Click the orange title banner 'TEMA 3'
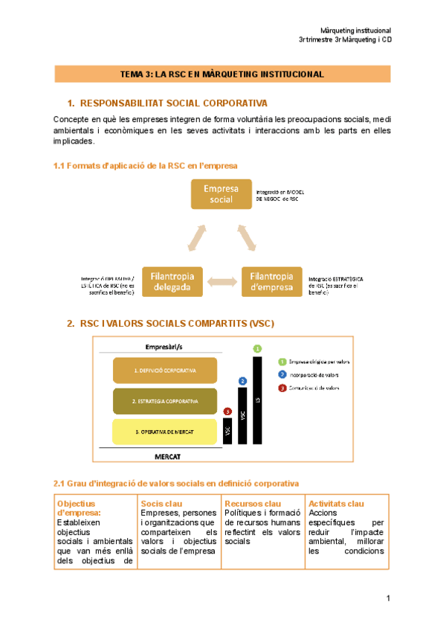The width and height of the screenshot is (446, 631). (x=223, y=74)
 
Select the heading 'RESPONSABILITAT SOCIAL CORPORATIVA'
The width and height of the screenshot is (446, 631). (x=173, y=103)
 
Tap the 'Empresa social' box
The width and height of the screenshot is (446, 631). (x=221, y=193)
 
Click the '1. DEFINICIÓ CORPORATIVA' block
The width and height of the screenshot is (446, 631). (x=165, y=370)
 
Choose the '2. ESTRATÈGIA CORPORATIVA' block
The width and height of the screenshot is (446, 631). (x=165, y=401)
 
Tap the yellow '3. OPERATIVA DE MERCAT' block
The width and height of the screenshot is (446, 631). (x=165, y=432)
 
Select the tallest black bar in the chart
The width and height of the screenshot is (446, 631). (x=258, y=400)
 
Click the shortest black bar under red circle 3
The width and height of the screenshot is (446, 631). (x=227, y=431)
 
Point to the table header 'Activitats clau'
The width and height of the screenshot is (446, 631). (x=336, y=504)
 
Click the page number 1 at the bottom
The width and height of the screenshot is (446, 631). (x=388, y=599)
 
